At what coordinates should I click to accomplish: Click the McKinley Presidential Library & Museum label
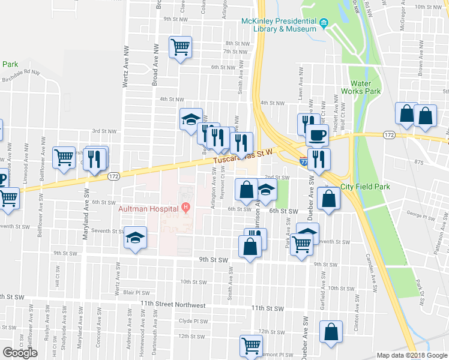coord(278,25)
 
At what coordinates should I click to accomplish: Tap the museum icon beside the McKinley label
coord(324,24)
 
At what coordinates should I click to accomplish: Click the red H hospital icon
coord(186,208)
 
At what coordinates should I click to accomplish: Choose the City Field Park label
coord(365,187)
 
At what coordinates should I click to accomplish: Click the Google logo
coord(20,353)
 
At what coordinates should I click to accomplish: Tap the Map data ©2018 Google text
coord(412,355)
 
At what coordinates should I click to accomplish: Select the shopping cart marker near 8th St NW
coord(180,47)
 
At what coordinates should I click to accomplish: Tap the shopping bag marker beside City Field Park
coord(329,199)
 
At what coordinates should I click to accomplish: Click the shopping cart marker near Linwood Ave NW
coord(64,157)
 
